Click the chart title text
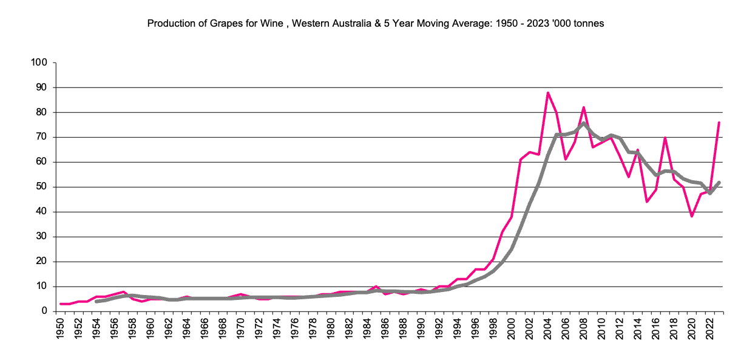[x=376, y=24]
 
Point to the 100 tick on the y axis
[x=39, y=63]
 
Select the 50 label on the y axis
[x=42, y=187]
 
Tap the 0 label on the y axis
[x=44, y=311]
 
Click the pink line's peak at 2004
[x=547, y=93]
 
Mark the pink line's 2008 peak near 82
[x=583, y=107]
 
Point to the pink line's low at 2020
[x=691, y=216]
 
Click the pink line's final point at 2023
[x=719, y=123]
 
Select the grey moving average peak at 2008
[x=583, y=123]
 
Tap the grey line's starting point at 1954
[x=96, y=301]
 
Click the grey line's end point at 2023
[x=719, y=182]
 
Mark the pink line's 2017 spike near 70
[x=665, y=138]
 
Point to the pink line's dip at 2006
[x=566, y=159]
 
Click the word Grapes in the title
[x=225, y=24]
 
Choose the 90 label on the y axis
[x=42, y=87]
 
